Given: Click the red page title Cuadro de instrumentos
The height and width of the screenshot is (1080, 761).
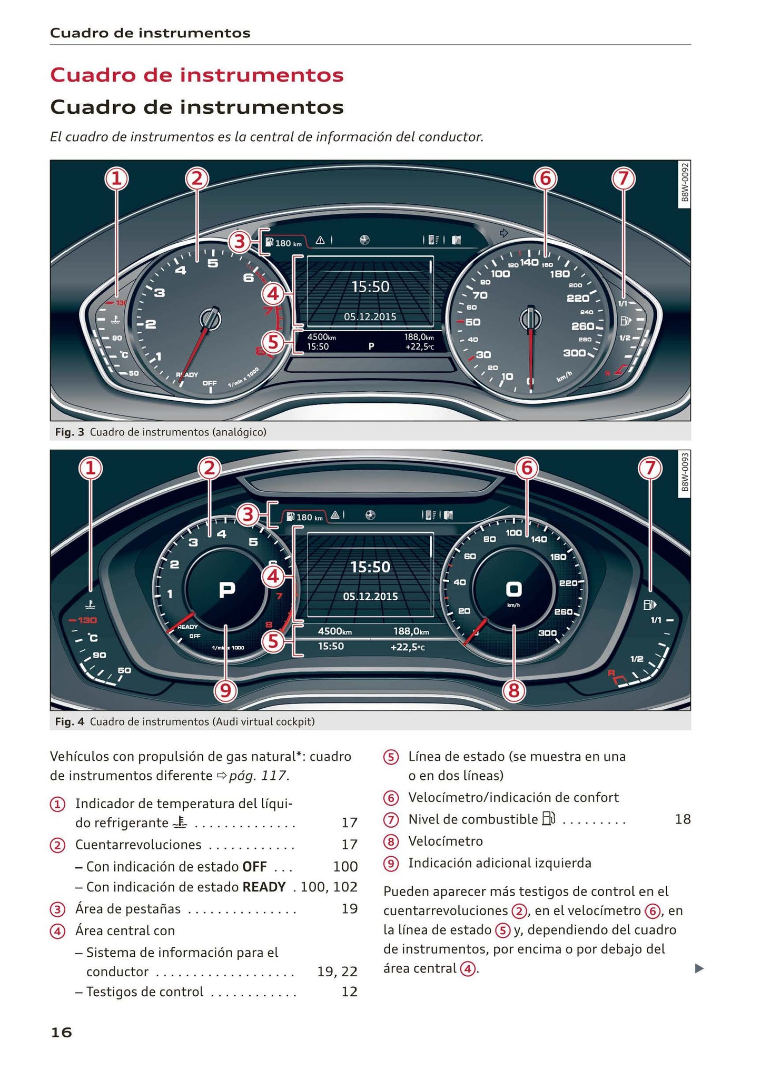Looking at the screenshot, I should [196, 75].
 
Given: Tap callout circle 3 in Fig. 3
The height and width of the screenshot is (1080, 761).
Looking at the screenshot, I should [240, 242].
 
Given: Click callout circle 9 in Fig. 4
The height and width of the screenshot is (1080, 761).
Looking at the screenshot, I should [225, 690].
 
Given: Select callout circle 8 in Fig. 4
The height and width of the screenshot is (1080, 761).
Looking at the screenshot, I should [514, 690].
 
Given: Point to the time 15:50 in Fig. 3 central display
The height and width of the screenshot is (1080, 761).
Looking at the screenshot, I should [370, 287].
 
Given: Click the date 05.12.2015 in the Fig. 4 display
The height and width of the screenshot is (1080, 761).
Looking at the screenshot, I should [370, 597].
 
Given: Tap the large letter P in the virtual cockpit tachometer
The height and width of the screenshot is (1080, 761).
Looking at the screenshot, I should [227, 590].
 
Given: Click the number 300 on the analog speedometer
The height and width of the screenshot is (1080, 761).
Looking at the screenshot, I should [574, 353].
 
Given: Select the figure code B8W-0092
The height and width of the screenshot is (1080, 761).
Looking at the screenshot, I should [684, 182].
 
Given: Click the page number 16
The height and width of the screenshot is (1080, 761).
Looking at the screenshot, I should [61, 1033].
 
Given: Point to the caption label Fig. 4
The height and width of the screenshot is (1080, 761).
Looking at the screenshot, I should [70, 721].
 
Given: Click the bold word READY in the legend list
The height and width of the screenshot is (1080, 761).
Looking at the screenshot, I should [264, 887].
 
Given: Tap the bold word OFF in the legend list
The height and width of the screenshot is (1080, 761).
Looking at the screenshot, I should [254, 866].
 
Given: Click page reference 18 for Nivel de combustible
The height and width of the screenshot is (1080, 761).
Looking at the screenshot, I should [683, 819].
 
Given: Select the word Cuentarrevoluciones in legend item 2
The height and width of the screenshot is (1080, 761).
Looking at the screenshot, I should [138, 845].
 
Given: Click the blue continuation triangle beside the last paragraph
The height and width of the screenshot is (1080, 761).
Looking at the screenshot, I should [699, 968].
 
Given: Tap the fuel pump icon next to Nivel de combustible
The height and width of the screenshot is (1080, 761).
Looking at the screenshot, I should [548, 819].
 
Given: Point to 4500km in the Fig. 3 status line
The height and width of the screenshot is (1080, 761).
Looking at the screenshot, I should [321, 337].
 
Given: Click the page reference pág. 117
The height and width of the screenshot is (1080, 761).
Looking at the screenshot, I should [258, 776].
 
